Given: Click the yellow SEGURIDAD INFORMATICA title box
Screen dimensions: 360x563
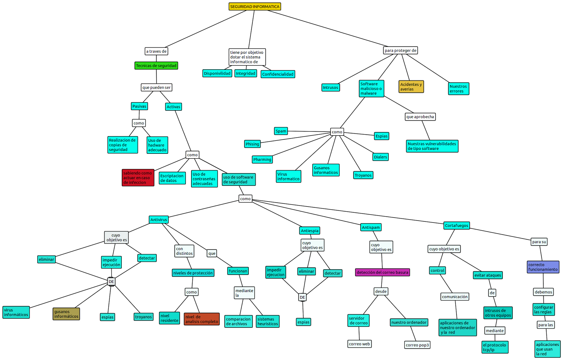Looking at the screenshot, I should tap(255, 6).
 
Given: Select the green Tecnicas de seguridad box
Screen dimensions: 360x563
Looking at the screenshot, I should tap(156, 65).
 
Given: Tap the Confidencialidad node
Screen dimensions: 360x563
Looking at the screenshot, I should tap(278, 74).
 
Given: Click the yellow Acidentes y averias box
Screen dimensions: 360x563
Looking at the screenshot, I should tap(411, 87).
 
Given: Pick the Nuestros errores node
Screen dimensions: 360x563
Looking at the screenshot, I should tap(459, 89).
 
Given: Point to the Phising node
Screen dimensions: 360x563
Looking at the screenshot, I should tap(252, 144).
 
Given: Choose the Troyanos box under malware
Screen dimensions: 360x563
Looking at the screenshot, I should tap(363, 175).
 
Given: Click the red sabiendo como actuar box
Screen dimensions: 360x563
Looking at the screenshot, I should tap(138, 178).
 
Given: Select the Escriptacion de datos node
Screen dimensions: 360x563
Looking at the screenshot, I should tap(172, 178).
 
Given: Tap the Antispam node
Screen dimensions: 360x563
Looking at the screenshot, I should tap(371, 227).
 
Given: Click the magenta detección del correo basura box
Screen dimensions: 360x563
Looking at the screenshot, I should tap(382, 272).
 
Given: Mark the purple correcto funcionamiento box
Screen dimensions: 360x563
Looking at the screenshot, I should tap(543, 267).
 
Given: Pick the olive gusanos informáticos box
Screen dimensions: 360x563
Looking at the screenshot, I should tap(66, 314).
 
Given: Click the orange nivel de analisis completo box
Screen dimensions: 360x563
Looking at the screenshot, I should tap(202, 319).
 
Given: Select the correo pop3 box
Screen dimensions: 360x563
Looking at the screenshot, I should tap(417, 345).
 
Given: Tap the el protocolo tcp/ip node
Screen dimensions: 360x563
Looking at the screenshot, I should tap(495, 347).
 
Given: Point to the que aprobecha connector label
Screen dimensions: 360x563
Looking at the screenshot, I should tap(420, 116).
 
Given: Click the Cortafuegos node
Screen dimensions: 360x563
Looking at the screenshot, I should tap(456, 225).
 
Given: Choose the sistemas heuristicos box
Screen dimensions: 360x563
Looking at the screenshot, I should tap(267, 321).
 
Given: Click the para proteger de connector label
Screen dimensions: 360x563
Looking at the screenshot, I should tap(400, 50).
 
